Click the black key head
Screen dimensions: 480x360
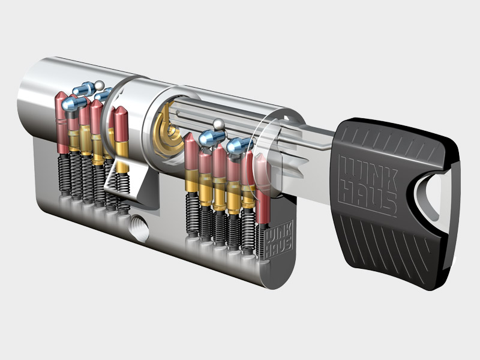(x=395, y=202)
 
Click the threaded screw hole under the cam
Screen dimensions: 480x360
(x=140, y=228)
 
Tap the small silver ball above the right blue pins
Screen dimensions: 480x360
(x=218, y=124)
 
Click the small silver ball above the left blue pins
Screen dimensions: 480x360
(x=99, y=85)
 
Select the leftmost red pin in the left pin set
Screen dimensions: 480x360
(x=61, y=122)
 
